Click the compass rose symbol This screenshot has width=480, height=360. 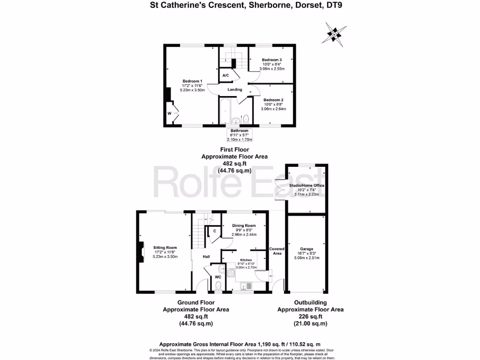point(333,32)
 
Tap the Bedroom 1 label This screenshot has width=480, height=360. point(192,81)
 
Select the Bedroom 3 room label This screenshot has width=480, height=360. point(271,60)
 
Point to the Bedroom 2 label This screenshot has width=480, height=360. point(273,100)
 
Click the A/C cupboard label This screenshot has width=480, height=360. point(225,75)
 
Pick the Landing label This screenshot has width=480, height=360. point(235,90)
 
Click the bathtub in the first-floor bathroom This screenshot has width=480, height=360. point(224,111)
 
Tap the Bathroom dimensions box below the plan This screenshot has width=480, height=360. point(240,135)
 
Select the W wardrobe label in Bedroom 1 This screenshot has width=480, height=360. point(169,113)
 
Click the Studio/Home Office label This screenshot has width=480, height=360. point(307,186)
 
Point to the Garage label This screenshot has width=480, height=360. point(307,249)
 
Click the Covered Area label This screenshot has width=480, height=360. point(277,251)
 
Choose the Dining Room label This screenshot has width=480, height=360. point(244,225)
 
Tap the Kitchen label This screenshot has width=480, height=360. point(246,260)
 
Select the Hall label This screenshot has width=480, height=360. point(206,257)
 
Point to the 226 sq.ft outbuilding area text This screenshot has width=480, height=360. point(310,316)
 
